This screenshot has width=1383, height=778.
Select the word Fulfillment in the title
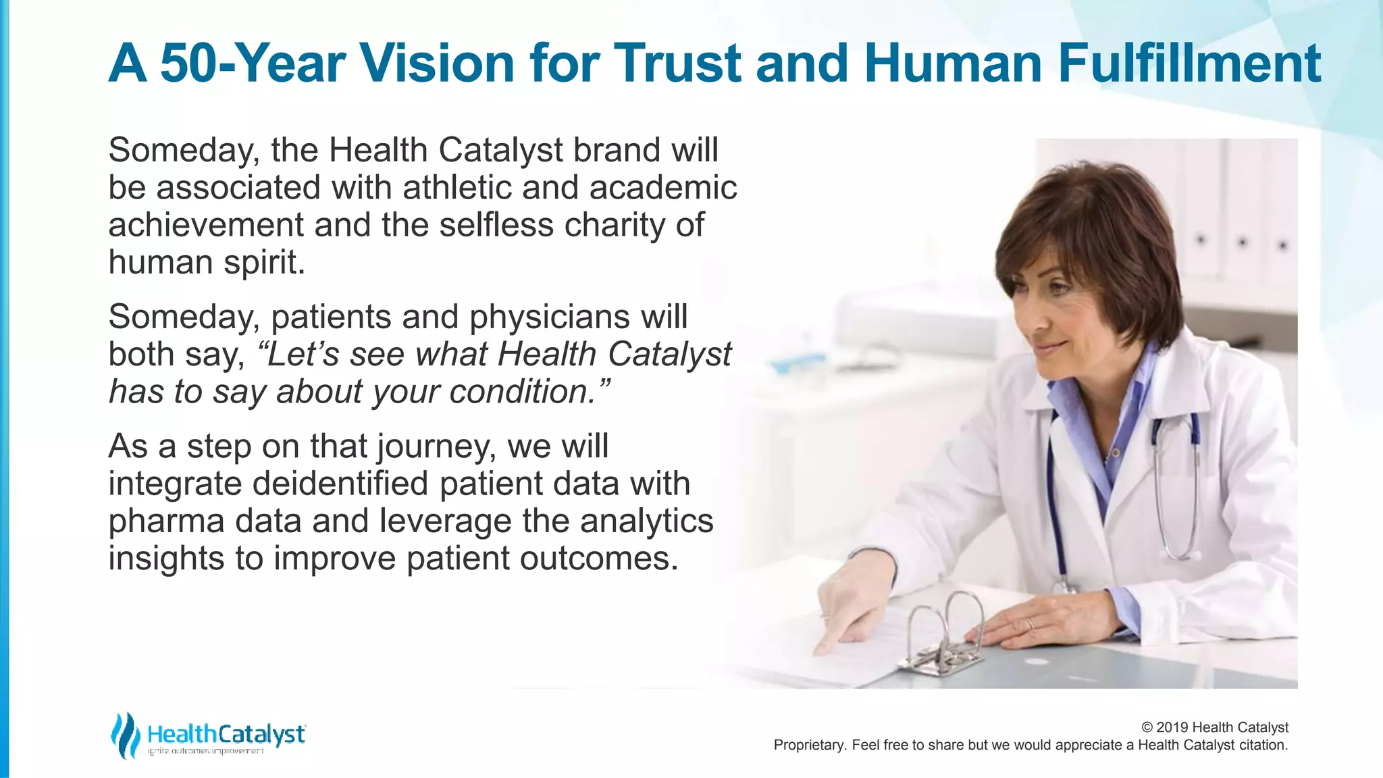(x=1189, y=63)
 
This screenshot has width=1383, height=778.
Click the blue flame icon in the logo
(x=125, y=735)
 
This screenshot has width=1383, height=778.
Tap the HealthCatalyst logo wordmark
(x=226, y=734)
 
